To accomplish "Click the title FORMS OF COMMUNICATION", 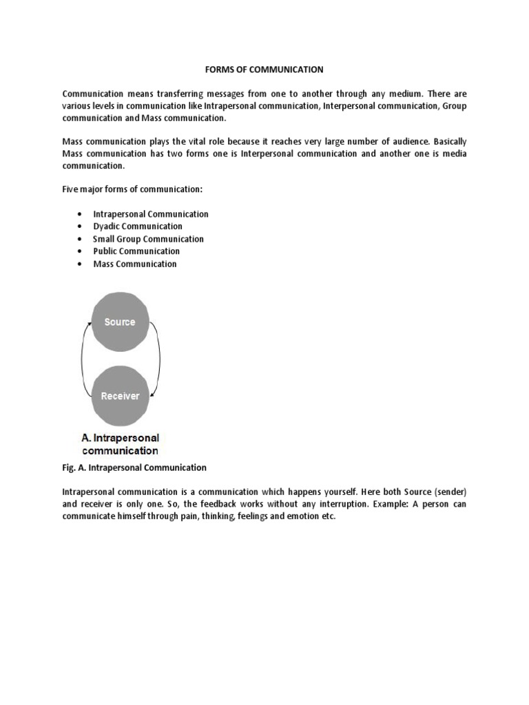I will [x=264, y=70].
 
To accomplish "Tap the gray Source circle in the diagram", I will [x=120, y=322].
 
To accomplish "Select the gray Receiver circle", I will [x=120, y=396].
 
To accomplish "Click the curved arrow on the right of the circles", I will [x=158, y=359].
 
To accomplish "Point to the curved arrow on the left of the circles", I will [x=83, y=359].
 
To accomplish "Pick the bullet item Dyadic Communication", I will [x=138, y=227].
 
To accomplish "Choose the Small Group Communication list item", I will [x=148, y=239].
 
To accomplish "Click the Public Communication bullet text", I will [x=136, y=251].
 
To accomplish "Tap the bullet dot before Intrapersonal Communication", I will [x=81, y=214].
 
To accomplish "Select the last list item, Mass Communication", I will [x=135, y=264].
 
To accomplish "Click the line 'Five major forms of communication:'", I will [x=133, y=189].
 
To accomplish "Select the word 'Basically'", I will [x=448, y=141].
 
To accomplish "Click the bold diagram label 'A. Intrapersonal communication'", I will [x=121, y=444].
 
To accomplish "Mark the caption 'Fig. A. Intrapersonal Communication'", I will [x=134, y=467].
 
